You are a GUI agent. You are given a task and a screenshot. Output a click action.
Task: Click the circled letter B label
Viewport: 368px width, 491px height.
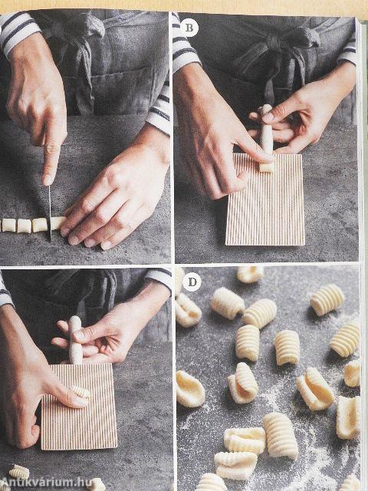pyautogui.click(x=189, y=28)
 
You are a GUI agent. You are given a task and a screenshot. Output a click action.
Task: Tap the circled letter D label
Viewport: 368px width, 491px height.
pyautogui.click(x=192, y=282)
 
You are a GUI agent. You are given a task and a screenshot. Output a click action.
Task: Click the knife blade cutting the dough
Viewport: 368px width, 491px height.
pyautogui.click(x=50, y=213)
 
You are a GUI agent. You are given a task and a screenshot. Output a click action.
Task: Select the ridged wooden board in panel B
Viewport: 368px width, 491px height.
pyautogui.click(x=265, y=199)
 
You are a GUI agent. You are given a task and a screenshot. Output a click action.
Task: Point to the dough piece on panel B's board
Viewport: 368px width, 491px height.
pyautogui.click(x=267, y=167)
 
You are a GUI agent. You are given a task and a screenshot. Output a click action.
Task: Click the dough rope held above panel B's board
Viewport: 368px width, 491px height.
pyautogui.click(x=267, y=129)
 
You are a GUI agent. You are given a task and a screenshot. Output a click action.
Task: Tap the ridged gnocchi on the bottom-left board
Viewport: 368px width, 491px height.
pyautogui.click(x=80, y=391)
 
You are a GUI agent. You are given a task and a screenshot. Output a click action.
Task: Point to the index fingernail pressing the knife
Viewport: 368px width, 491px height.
pyautogui.click(x=48, y=180)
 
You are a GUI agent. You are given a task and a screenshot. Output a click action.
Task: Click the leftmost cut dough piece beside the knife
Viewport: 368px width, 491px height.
pyautogui.click(x=8, y=225)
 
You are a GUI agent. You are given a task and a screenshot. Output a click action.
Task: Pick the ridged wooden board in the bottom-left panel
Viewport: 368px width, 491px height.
pyautogui.click(x=79, y=407)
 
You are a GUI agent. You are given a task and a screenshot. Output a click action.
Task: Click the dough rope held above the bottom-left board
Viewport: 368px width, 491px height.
pyautogui.click(x=75, y=340)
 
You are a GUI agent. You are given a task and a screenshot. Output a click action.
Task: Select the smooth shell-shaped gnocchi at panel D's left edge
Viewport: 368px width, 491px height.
pyautogui.click(x=189, y=389)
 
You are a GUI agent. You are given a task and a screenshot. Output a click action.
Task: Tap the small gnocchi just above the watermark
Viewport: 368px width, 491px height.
pyautogui.click(x=19, y=473)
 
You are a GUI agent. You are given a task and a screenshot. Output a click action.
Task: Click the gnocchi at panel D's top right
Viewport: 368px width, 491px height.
pyautogui.click(x=327, y=299)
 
